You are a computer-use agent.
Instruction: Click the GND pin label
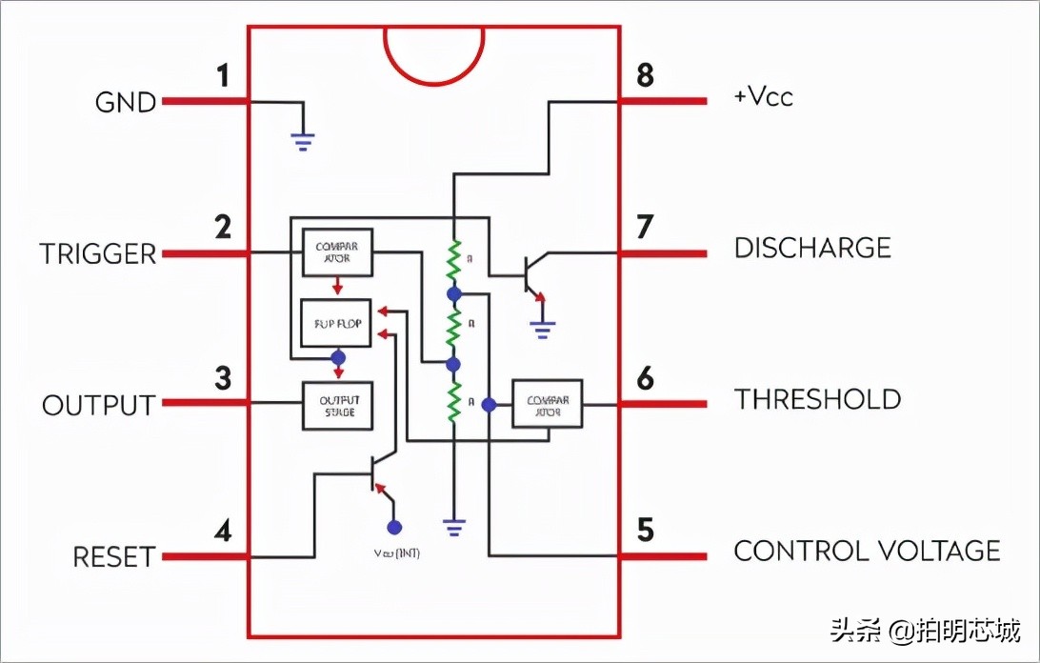[126, 102]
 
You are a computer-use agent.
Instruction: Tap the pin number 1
[223, 76]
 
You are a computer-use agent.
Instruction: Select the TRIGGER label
[97, 254]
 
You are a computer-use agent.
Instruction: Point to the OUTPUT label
[98, 405]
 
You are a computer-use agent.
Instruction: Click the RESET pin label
[113, 557]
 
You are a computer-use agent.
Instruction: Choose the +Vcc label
[763, 97]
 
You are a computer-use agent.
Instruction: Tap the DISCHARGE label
[812, 249]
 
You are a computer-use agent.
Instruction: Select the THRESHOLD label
[817, 399]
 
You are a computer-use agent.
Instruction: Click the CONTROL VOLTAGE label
[867, 551]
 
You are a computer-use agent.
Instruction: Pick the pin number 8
[645, 75]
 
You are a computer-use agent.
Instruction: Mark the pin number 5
[645, 530]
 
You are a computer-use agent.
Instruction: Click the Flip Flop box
[336, 324]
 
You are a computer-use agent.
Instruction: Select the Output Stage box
[336, 406]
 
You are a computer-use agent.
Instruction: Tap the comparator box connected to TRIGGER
[336, 253]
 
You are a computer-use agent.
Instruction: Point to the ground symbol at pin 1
[303, 142]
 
